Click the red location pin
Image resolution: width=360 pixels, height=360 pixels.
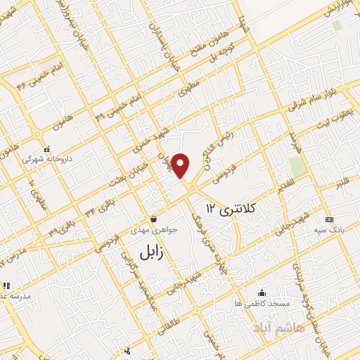tap(181, 165)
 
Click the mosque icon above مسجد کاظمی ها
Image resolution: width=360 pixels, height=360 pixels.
tap(262, 292)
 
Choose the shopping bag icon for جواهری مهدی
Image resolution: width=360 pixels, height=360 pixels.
tap(153, 219)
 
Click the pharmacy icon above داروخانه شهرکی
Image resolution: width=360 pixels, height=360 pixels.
tap(46, 149)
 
